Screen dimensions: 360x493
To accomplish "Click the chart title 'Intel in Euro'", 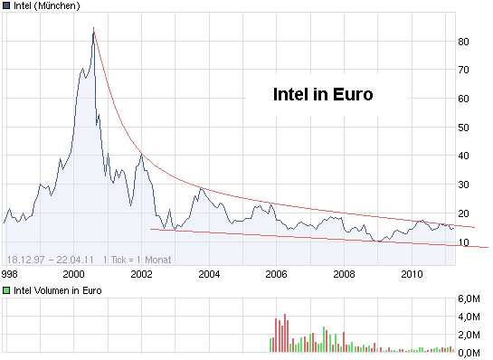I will point(323,94).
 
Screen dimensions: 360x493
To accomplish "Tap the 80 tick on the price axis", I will point(463,42).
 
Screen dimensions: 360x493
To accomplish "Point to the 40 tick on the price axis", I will point(463,156).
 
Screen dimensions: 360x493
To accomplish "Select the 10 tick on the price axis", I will point(463,242).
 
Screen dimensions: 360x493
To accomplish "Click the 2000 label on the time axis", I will point(73,273).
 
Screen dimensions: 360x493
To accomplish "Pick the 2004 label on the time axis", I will point(209,273).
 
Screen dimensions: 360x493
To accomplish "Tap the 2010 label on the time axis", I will point(412,273).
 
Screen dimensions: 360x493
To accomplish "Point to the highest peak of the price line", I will point(93,29).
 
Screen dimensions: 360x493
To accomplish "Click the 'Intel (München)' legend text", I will point(47,6).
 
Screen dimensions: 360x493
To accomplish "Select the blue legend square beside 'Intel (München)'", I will point(7,6).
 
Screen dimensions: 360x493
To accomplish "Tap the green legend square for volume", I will point(7,290).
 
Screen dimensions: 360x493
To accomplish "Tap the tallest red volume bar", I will point(284,332).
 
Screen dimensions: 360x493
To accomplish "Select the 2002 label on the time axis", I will point(141,273).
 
